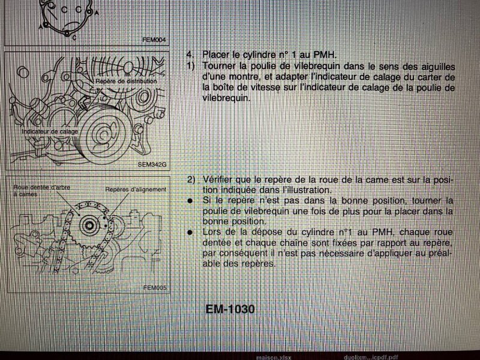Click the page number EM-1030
(230, 309)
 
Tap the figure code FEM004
(154, 40)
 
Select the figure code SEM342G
(152, 164)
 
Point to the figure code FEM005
(155, 287)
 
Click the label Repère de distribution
(126, 81)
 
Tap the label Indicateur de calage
(50, 131)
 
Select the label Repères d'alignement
(136, 190)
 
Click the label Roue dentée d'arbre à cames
(41, 190)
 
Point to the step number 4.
(190, 55)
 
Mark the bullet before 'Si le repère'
(190, 201)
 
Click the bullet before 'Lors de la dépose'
(190, 232)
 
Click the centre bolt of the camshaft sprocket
(89, 226)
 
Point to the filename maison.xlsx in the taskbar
(274, 357)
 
